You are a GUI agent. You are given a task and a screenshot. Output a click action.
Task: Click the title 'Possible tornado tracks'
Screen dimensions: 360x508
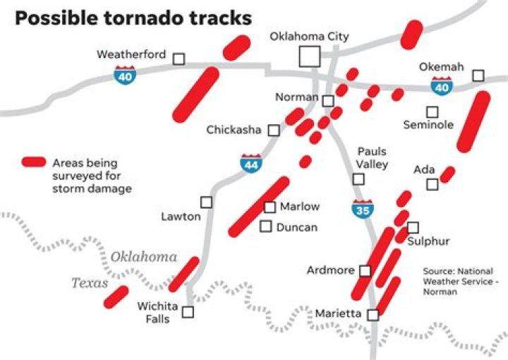point(133,18)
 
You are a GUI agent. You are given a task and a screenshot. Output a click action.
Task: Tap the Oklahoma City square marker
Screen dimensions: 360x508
point(309,56)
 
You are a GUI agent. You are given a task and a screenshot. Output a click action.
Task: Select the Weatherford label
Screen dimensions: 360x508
point(131,54)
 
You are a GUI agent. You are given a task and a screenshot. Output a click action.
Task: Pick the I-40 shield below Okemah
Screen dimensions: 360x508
point(442,86)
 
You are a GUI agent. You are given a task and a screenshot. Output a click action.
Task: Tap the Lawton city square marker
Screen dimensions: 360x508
point(206,202)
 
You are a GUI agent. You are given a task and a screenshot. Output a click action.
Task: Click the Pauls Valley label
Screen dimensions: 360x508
point(372,158)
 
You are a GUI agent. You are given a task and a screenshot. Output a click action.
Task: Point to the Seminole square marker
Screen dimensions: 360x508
point(432,112)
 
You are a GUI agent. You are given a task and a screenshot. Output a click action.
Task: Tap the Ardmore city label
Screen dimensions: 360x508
point(330,270)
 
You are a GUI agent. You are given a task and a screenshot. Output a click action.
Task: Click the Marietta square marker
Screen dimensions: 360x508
point(373,315)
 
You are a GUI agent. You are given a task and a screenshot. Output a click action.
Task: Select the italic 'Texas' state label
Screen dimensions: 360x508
point(90,283)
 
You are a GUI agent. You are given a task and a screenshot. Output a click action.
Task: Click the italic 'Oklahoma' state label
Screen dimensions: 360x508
point(144,257)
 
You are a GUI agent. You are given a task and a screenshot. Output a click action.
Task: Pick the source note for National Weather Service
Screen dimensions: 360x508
point(458,281)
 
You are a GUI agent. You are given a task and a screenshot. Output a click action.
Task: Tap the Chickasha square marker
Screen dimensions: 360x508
point(274,130)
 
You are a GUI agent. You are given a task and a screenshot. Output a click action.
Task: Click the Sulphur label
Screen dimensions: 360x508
point(428,241)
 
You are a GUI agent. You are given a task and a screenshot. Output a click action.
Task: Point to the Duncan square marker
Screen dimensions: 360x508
point(266,227)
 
